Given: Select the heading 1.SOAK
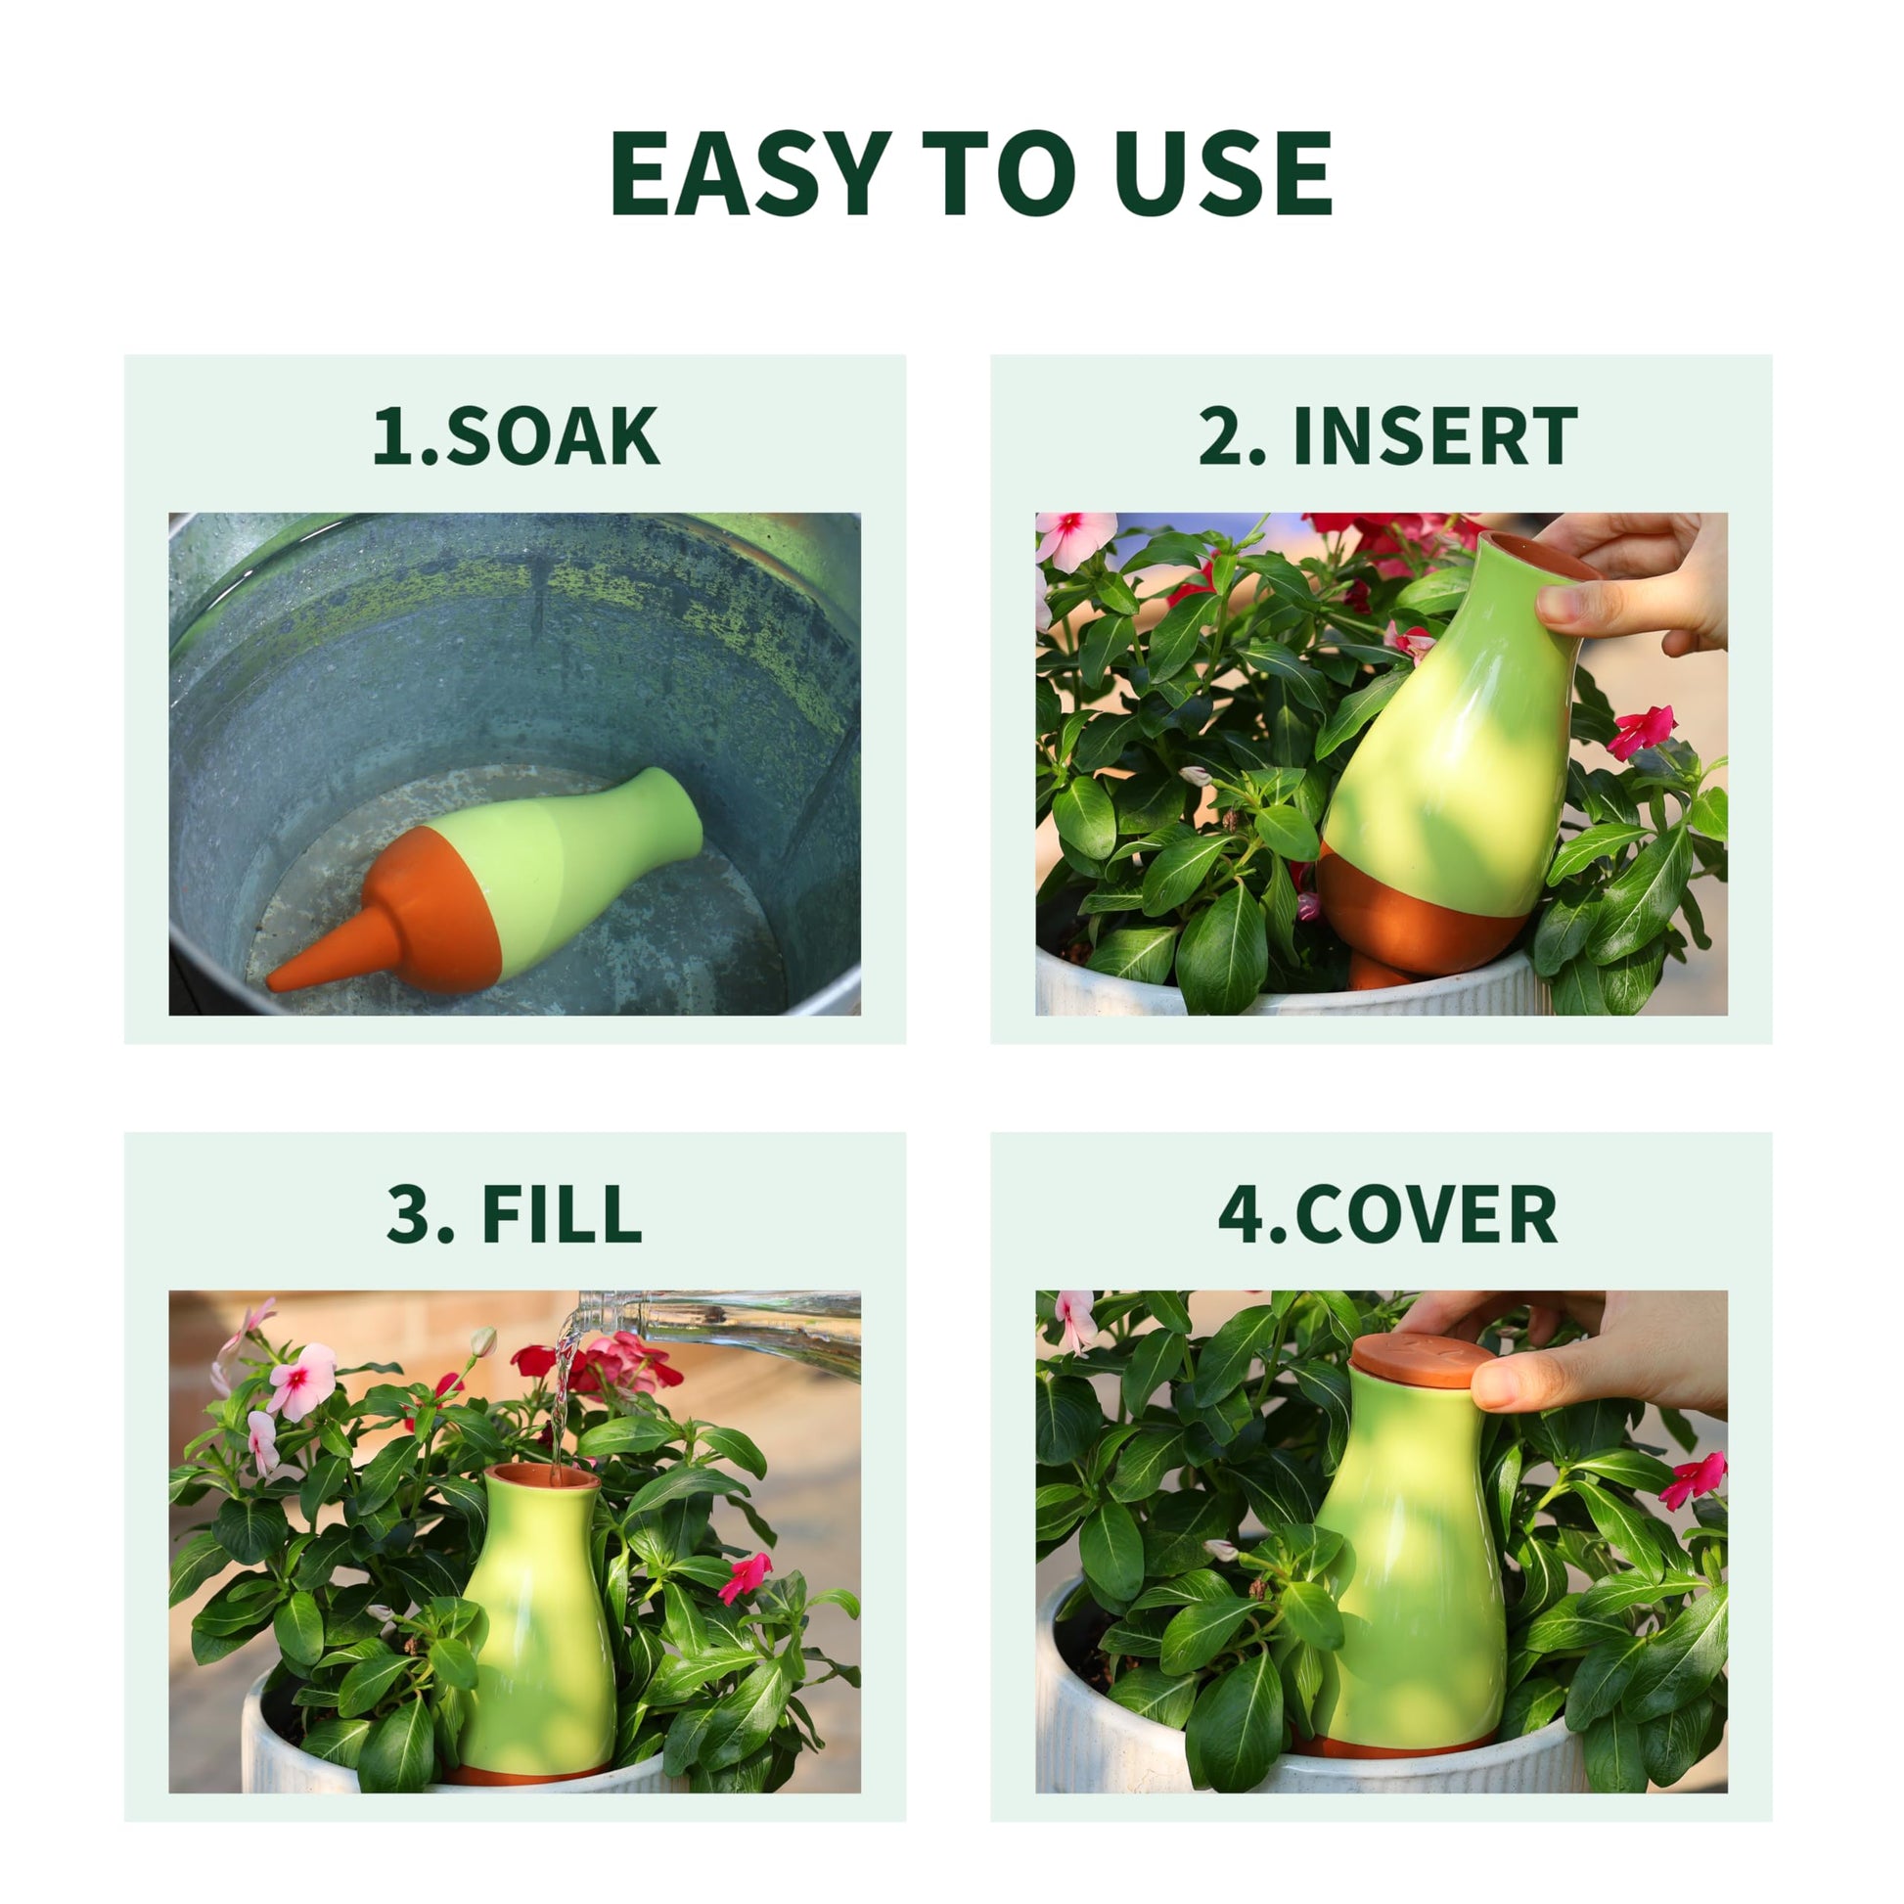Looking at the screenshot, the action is (x=516, y=434).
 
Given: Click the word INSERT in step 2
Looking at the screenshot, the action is (x=1435, y=434).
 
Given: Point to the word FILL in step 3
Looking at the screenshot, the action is (x=562, y=1213).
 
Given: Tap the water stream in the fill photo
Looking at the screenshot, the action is (x=563, y=1399).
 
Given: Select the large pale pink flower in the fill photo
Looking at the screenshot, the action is (x=301, y=1380).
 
